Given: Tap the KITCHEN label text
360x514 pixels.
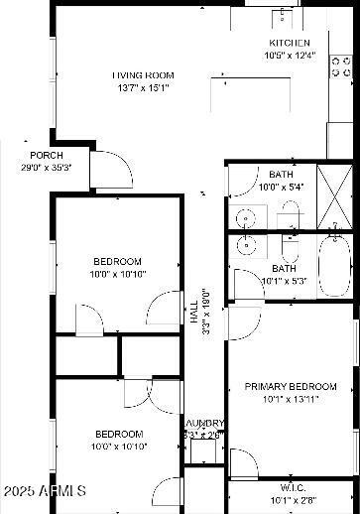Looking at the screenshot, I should pos(290,43).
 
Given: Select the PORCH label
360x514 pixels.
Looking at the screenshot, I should pos(47,156).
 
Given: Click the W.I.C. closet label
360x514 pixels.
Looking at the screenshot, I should pos(293,488).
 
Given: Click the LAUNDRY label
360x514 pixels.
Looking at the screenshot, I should pos(203,422).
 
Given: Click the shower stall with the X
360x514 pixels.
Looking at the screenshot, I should pos(334,204).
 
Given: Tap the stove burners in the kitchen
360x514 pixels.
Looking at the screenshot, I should pos(341,66).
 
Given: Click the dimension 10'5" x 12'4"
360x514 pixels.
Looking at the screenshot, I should pos(290,56).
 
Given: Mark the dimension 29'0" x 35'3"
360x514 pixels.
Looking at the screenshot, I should pos(47,168).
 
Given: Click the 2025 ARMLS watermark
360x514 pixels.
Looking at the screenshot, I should pos(45,491).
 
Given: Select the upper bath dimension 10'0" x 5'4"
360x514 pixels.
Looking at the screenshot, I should pos(281,187).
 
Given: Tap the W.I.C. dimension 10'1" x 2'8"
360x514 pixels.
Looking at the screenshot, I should pos(293,500).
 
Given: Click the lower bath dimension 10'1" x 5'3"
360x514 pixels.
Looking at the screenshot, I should pos(285,281).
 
